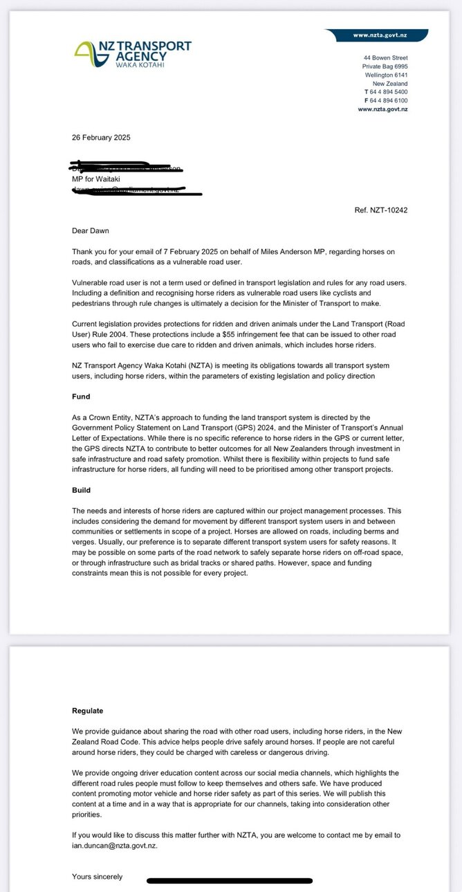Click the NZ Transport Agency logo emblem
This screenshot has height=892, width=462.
click(x=86, y=52)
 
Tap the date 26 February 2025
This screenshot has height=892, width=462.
click(x=101, y=137)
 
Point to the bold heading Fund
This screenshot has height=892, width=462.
click(x=81, y=397)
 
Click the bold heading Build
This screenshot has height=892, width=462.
click(x=81, y=491)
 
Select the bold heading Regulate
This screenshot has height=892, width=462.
click(x=88, y=710)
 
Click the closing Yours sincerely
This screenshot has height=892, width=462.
click(x=98, y=877)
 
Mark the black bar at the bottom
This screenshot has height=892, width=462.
click(x=230, y=881)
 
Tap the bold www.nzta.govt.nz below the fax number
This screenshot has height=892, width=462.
click(x=382, y=109)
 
